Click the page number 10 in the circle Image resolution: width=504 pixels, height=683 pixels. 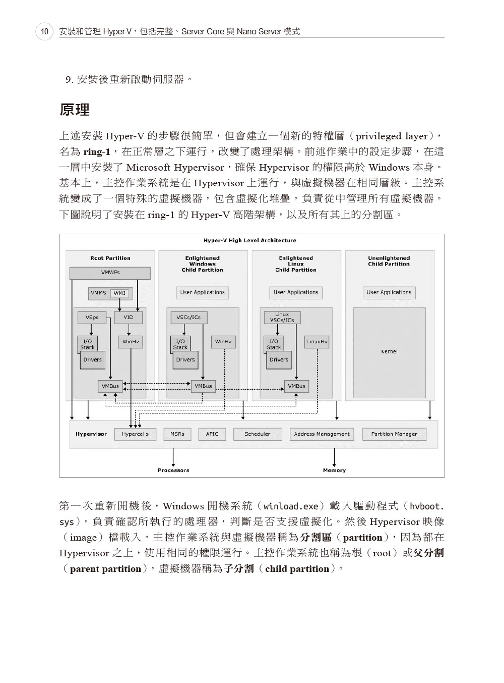(44, 31)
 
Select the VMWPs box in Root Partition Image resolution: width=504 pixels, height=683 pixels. (110, 273)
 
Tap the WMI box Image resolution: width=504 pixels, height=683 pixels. (119, 293)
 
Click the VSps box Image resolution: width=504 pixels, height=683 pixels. (92, 318)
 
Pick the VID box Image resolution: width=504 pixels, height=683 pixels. (128, 318)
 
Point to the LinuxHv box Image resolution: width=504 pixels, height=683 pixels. (317, 342)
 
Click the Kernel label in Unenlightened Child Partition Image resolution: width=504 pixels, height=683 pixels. (389, 352)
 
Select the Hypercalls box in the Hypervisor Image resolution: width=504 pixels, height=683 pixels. (135, 434)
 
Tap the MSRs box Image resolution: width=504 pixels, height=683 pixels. (177, 434)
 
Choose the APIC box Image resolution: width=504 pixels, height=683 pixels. (212, 434)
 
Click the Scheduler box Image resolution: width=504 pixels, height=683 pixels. (258, 434)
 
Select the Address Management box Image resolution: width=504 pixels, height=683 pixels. (322, 434)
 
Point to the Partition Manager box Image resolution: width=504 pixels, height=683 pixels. (394, 434)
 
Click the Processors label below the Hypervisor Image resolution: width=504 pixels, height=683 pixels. (173, 470)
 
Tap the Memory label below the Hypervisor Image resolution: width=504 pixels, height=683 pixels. (334, 470)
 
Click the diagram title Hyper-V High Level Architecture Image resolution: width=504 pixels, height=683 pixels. (249, 240)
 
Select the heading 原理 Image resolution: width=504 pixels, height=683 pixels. (74, 110)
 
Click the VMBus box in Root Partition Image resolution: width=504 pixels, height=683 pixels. (110, 386)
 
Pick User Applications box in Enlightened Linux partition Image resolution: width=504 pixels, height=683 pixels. (296, 293)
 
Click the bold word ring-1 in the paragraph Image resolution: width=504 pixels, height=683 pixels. (97, 152)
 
